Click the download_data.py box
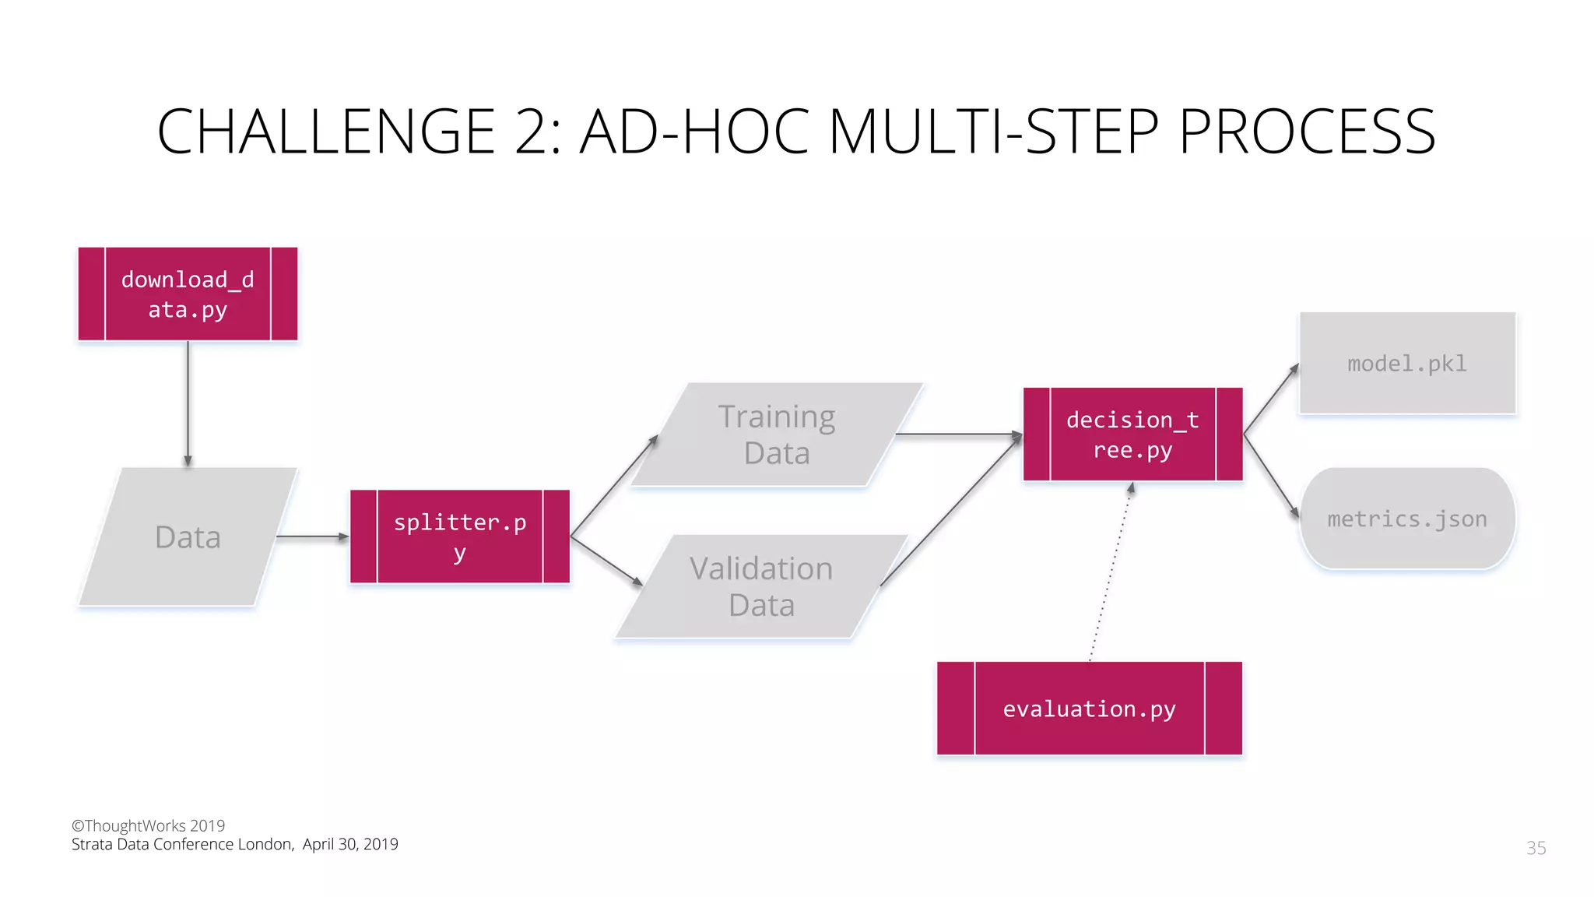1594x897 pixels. click(x=188, y=294)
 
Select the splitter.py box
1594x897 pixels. click(x=460, y=536)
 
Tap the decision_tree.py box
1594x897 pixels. click(x=1132, y=434)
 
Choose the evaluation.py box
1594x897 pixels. click(x=1089, y=709)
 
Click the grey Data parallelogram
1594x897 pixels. click(x=188, y=536)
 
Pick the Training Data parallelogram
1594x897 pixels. click(x=777, y=434)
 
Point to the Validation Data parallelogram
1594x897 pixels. click(x=761, y=586)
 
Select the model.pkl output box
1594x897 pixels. click(x=1407, y=364)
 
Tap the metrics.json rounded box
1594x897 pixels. click(x=1407, y=519)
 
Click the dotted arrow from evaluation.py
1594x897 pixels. click(x=1111, y=572)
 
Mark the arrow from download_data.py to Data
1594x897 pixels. click(x=188, y=403)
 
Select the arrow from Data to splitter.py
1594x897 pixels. click(x=312, y=536)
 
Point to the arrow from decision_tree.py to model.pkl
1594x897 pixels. click(x=1271, y=399)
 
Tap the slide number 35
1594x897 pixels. click(x=1536, y=848)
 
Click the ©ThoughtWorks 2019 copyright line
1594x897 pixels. click(x=149, y=825)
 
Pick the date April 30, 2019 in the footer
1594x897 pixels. click(x=350, y=844)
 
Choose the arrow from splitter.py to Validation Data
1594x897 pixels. click(x=606, y=560)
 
